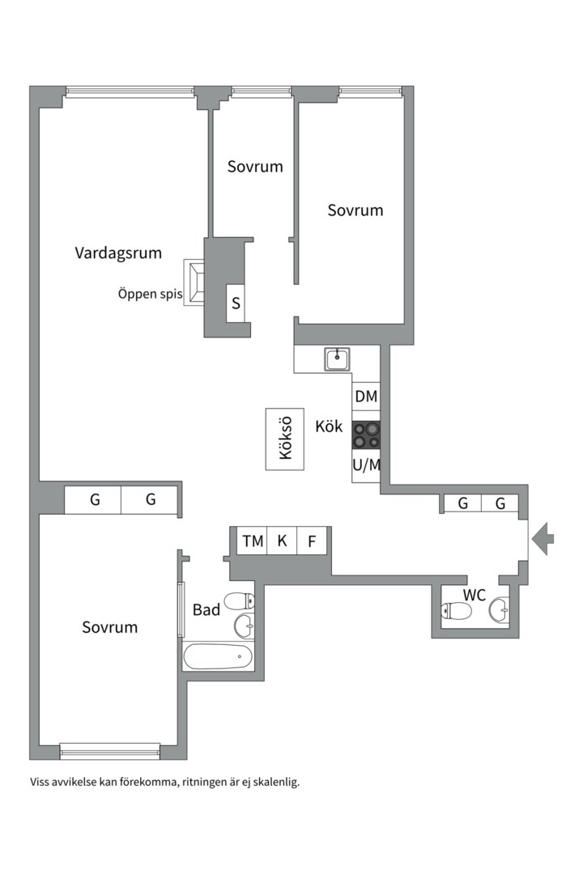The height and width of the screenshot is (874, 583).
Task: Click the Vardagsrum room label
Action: click(x=118, y=253)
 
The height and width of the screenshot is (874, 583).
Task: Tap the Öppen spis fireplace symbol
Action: click(x=194, y=282)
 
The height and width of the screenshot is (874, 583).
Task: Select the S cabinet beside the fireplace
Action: click(x=236, y=303)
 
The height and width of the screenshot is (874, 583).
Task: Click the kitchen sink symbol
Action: click(x=338, y=359)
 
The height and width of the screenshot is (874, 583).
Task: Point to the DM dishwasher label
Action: click(x=366, y=397)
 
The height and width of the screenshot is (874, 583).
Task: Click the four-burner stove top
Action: click(x=366, y=435)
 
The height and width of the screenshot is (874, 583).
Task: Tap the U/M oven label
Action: click(x=367, y=465)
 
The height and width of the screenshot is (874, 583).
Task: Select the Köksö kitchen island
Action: click(x=284, y=439)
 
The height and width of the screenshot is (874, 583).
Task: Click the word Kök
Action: click(x=329, y=427)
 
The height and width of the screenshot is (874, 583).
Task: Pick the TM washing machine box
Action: click(x=253, y=541)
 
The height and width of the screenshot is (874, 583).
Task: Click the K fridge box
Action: click(x=282, y=541)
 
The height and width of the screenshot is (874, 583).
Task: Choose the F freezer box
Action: click(x=311, y=541)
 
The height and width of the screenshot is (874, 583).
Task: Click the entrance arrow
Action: click(x=543, y=539)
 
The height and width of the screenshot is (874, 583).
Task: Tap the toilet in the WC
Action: click(x=456, y=611)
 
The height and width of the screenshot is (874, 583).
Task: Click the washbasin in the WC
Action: click(x=500, y=610)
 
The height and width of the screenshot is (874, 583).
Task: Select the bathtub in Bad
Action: click(x=218, y=656)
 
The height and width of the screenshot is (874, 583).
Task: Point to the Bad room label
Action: click(x=206, y=610)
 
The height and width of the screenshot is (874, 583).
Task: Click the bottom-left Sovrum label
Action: click(x=110, y=628)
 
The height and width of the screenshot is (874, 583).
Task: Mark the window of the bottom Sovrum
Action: click(x=110, y=751)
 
